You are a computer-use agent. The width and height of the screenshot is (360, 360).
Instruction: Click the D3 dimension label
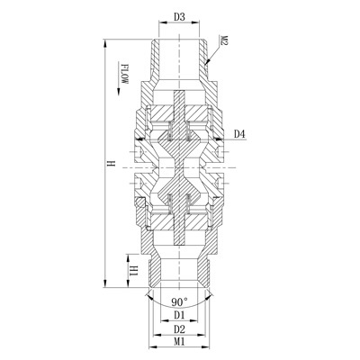tap(179, 17)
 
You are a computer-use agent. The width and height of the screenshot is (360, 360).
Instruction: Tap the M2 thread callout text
tap(224, 40)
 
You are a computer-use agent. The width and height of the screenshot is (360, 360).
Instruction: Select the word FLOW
tap(124, 74)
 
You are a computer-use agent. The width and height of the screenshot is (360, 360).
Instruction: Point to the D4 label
tap(239, 134)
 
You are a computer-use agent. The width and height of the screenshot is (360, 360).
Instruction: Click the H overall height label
tap(112, 164)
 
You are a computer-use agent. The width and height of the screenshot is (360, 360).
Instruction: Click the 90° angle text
tap(179, 301)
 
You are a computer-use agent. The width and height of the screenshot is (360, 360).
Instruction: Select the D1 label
tap(179, 315)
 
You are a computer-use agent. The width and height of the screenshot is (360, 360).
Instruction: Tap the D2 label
tap(179, 329)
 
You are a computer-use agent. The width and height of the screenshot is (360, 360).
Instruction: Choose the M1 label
tap(179, 342)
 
